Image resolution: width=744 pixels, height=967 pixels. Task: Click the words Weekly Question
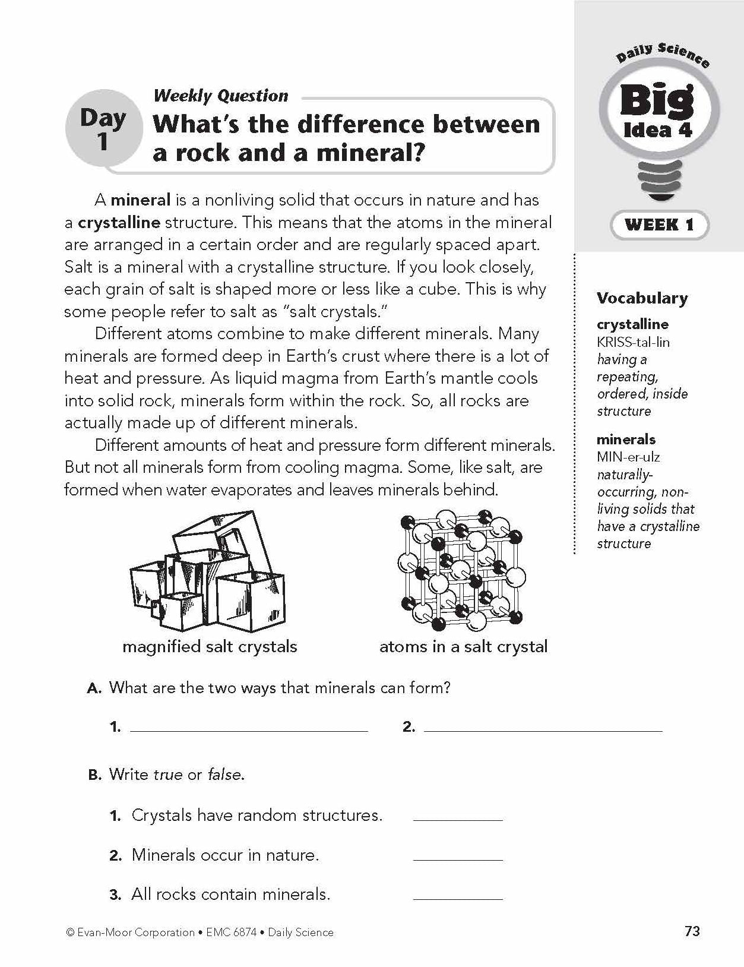point(220,96)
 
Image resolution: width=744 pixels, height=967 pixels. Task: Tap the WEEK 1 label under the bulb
point(659,225)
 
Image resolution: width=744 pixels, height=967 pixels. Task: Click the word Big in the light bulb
point(657,102)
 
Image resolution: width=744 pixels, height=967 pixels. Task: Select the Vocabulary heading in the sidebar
point(642,298)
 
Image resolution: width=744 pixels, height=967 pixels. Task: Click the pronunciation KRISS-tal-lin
point(633,342)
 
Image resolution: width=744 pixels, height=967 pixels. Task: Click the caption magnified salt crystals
point(210,647)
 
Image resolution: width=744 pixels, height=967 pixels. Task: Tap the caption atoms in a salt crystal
point(463,647)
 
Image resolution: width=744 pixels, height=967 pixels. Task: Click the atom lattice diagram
point(463,570)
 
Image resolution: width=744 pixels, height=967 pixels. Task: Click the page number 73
point(692,931)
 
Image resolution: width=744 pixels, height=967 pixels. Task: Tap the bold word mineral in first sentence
point(140,200)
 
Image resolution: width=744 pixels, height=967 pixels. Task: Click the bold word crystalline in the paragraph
point(119,223)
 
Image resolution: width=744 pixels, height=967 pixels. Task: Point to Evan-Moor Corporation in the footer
point(136,933)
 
